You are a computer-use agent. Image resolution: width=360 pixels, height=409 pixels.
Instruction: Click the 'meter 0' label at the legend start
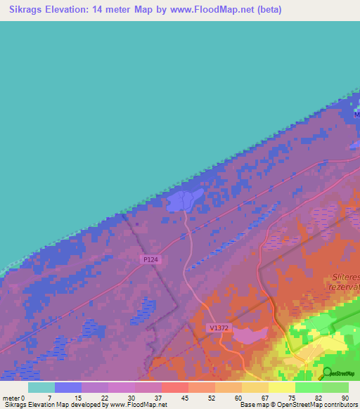(x=15, y=398)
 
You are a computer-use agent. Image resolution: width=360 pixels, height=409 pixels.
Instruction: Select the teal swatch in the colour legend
(x=41, y=387)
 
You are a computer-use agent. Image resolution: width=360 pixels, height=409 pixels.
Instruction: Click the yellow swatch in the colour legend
(x=282, y=387)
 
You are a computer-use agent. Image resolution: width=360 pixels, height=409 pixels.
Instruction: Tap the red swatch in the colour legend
(x=175, y=387)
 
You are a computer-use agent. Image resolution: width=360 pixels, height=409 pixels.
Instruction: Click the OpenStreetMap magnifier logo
(x=328, y=372)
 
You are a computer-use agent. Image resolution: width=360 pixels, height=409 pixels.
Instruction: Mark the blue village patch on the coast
(x=181, y=202)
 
